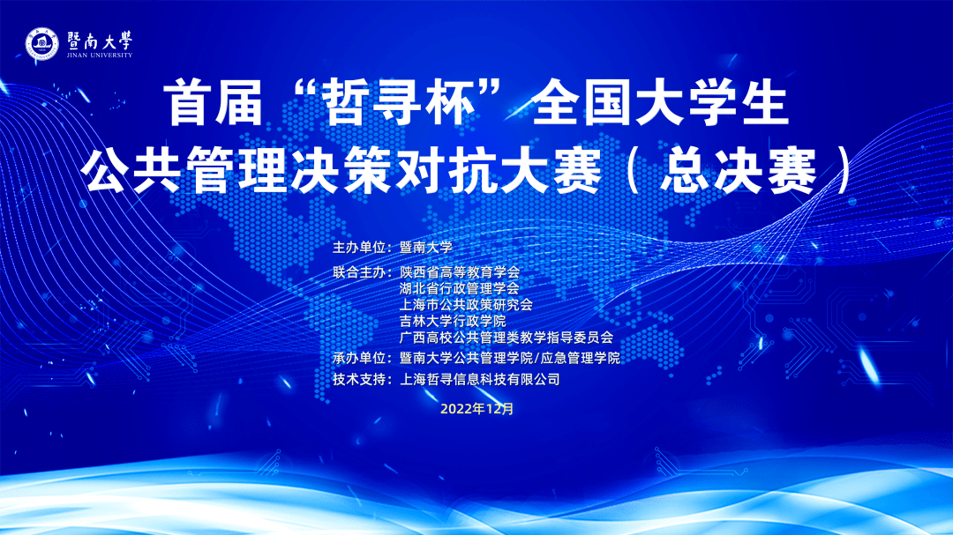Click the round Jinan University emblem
41,44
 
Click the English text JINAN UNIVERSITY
100,56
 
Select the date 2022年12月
477,409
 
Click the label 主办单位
358,248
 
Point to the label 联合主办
358,272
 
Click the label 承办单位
358,359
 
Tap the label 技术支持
358,380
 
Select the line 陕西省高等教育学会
460,272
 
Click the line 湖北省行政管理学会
460,288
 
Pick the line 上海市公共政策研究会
466,305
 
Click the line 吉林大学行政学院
453,321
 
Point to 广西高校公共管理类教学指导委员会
507,338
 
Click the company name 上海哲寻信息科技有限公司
479,380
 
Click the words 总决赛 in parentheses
739,171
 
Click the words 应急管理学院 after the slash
580,359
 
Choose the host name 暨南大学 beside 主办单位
426,248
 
